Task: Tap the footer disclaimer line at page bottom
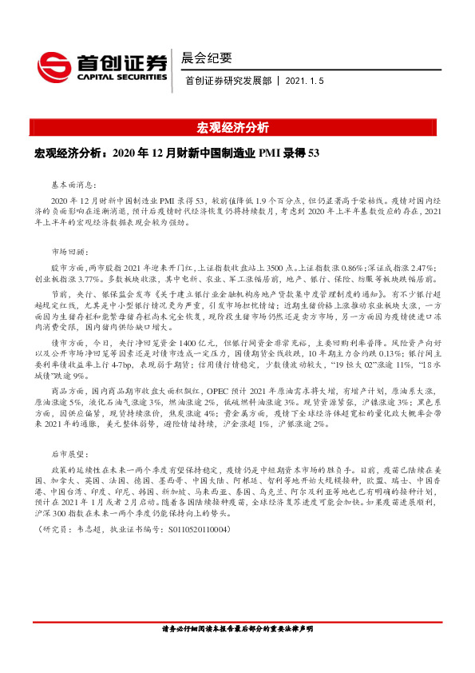[237, 651]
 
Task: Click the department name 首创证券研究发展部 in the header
[228, 81]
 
